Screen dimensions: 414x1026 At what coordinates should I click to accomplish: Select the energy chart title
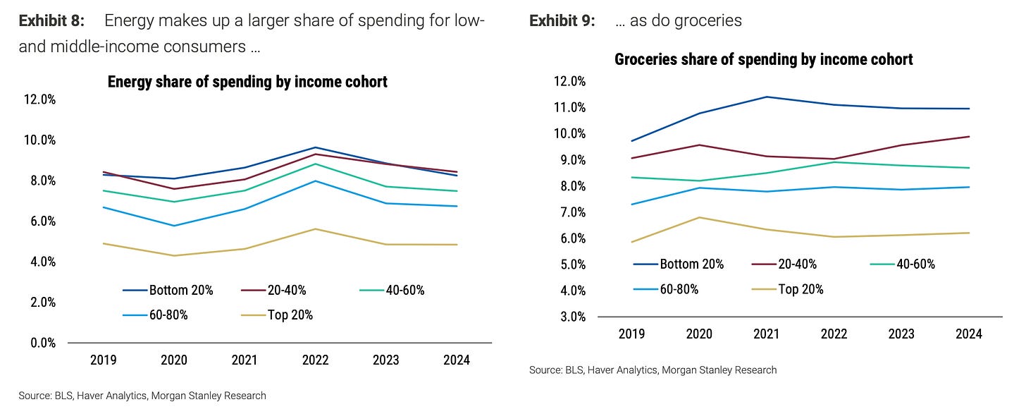click(247, 82)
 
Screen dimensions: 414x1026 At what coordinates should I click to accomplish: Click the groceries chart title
click(763, 59)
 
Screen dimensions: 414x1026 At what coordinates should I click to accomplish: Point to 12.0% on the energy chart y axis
click(39, 99)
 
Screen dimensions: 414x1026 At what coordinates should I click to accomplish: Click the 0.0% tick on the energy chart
click(42, 343)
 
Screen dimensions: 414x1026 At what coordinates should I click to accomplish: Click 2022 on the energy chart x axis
click(315, 360)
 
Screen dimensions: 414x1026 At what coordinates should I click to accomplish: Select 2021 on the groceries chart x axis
click(766, 334)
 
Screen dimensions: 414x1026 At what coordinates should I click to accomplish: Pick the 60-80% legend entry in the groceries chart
click(670, 289)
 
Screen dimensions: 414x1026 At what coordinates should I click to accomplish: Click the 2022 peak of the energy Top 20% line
click(315, 229)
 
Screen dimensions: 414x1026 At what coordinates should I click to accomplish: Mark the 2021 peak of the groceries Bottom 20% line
click(766, 97)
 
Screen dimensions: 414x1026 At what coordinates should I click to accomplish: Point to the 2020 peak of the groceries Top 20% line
click(698, 217)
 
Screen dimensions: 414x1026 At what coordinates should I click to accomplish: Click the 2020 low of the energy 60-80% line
click(174, 226)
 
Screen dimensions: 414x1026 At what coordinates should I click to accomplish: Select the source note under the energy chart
click(142, 396)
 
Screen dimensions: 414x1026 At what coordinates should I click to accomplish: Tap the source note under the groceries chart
click(653, 370)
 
